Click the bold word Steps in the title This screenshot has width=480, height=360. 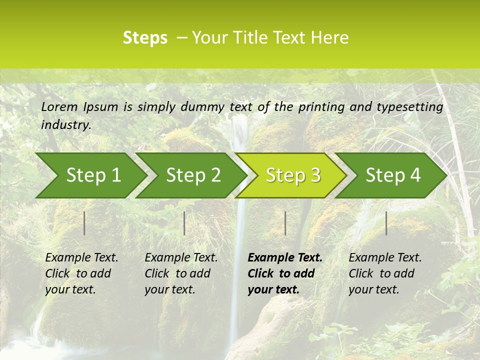145,38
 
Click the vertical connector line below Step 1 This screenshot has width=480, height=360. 84,223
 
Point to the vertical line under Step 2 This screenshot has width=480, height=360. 184,223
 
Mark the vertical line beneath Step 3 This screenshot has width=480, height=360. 285,223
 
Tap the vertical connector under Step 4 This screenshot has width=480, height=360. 386,223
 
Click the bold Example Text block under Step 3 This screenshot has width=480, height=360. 284,273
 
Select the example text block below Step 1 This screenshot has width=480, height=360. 81,273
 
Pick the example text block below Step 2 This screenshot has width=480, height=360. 181,273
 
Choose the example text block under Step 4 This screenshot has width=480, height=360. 385,273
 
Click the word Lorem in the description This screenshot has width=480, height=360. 59,107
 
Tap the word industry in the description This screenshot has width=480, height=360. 65,125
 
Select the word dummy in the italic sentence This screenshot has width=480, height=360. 202,107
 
